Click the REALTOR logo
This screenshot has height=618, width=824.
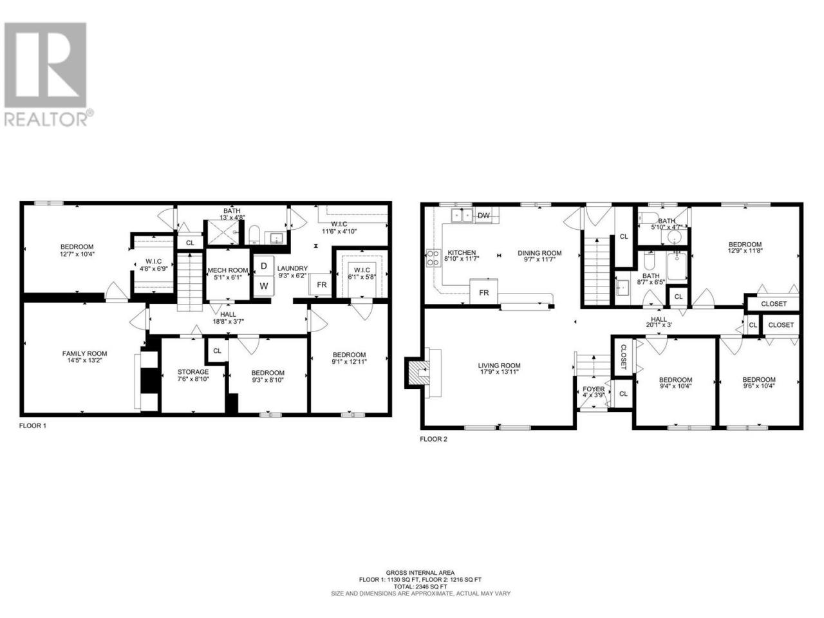pos(48,74)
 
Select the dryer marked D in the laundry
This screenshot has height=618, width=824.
pos(264,266)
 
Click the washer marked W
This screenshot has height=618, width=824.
pos(264,286)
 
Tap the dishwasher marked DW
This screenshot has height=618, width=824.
pos(483,216)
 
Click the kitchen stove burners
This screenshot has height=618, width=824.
pos(433,258)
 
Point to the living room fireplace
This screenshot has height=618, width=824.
pos(418,372)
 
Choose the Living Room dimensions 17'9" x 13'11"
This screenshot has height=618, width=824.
pos(500,372)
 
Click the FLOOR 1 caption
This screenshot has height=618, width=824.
pos(33,426)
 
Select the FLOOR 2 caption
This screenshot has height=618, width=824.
pos(434,439)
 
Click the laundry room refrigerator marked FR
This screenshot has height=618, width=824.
pos(322,285)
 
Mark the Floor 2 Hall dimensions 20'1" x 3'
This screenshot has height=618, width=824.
pos(659,325)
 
